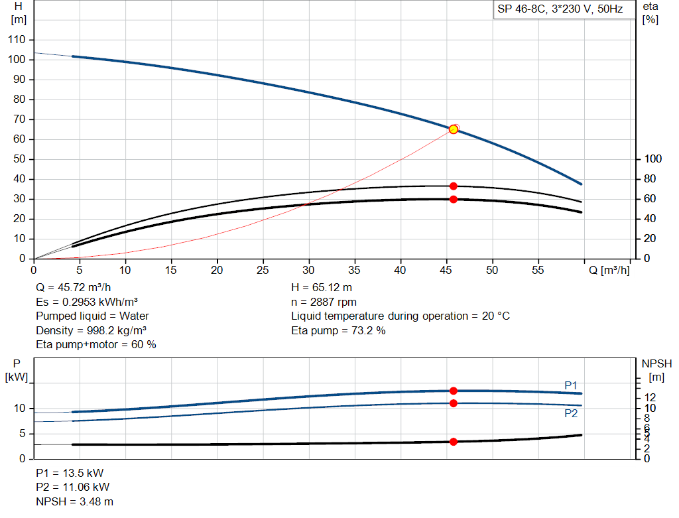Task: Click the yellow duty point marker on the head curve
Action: click(x=454, y=129)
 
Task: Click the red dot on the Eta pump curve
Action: click(x=454, y=186)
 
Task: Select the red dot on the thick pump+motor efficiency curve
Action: click(x=454, y=199)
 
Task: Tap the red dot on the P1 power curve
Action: click(x=454, y=391)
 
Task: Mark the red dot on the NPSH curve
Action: click(x=454, y=442)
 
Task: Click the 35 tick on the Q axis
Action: click(x=355, y=271)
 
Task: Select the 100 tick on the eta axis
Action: click(x=653, y=159)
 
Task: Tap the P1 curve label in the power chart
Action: click(x=571, y=385)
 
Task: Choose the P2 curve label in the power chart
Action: click(x=571, y=413)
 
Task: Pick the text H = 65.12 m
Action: click(x=322, y=288)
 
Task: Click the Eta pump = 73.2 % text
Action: click(x=338, y=330)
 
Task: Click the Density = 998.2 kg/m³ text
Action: click(x=91, y=330)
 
